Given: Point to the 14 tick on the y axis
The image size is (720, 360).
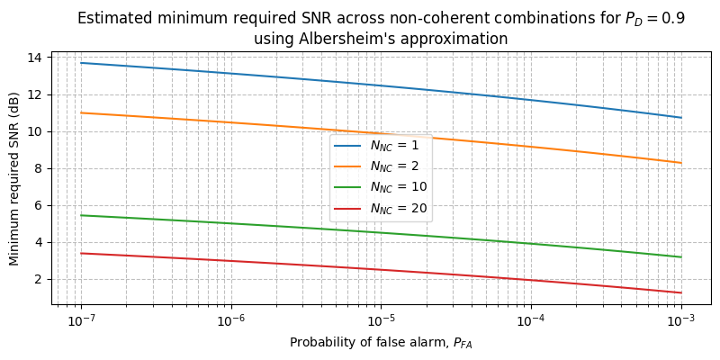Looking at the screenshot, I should pyautogui.click(x=38, y=58).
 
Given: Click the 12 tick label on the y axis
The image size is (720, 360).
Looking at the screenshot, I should pyautogui.click(x=38, y=94).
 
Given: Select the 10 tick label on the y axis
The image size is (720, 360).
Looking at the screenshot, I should pyautogui.click(x=38, y=131).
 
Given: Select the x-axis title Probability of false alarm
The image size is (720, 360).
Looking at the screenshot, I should pyautogui.click(x=381, y=343).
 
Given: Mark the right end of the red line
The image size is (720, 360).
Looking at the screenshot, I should pyautogui.click(x=681, y=292).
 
